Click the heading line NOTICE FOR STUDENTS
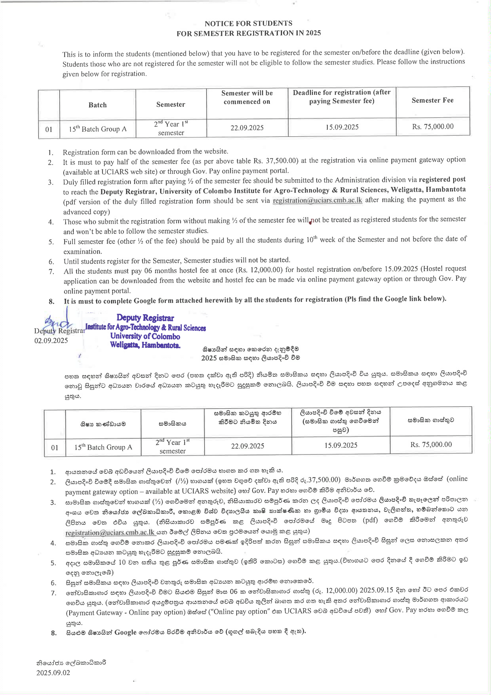point(248,23)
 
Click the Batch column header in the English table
point(97,105)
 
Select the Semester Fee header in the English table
point(432,100)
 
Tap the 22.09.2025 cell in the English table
point(247,128)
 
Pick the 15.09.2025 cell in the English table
point(342,127)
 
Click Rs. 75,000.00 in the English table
point(433,127)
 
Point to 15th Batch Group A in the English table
point(97,129)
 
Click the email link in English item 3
point(317,200)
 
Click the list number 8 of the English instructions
point(52,301)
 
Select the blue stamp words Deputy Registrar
point(145,318)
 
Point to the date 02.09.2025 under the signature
point(51,341)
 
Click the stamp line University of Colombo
point(145,336)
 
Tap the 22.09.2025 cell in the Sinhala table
point(248,446)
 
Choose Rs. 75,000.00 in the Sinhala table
point(431,444)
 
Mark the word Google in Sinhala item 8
point(125,632)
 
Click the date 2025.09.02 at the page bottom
point(53,673)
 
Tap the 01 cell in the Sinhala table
point(55,447)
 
